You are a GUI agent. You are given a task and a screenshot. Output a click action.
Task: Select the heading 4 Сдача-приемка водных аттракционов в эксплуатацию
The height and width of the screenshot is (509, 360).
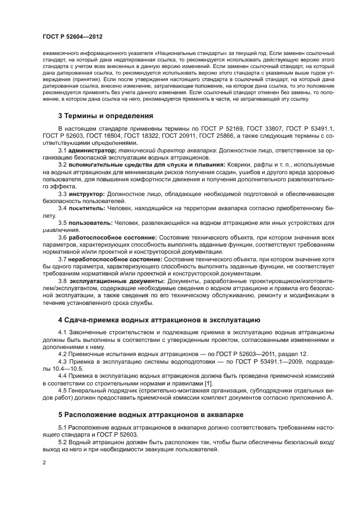click(159, 320)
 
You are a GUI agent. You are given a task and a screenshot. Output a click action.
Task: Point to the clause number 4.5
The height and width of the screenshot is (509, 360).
click(62, 390)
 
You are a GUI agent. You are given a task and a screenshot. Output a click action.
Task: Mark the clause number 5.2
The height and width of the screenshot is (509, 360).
click(62, 442)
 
